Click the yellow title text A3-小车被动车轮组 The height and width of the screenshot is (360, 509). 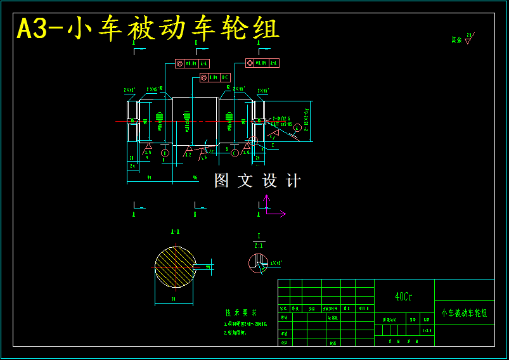(x=148, y=29)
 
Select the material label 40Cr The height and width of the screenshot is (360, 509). (x=404, y=297)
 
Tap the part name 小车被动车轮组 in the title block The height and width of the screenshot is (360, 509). (x=464, y=313)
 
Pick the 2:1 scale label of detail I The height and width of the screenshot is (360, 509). (x=259, y=245)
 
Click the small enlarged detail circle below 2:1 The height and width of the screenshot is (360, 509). (x=258, y=263)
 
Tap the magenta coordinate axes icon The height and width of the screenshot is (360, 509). (x=271, y=207)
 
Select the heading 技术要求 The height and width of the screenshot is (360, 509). (x=241, y=312)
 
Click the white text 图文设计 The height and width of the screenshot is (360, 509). (x=257, y=181)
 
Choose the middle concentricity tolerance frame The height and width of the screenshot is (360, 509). (x=215, y=77)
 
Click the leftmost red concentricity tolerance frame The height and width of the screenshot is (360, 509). (x=192, y=63)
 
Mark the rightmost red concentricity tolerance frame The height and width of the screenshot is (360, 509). (x=262, y=63)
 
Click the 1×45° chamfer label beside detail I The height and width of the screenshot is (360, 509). (x=276, y=262)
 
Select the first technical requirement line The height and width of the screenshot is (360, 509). (x=246, y=324)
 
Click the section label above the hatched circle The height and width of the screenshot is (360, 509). (x=174, y=232)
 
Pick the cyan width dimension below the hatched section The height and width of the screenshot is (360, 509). (x=174, y=298)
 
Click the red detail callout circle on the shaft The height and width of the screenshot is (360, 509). (x=253, y=141)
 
